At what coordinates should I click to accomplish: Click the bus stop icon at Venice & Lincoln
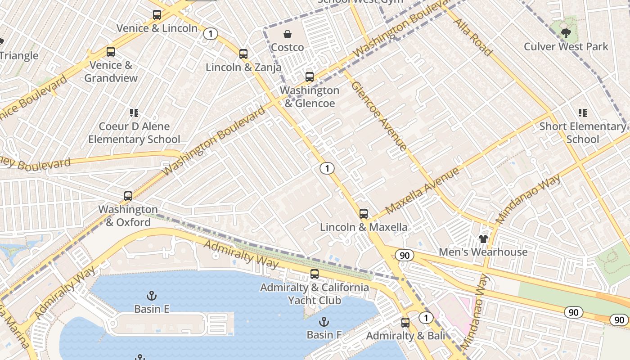pos(157,15)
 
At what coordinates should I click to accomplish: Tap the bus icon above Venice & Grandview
pos(111,52)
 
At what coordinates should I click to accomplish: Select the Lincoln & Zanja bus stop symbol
pos(243,54)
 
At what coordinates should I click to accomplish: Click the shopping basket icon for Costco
pos(287,34)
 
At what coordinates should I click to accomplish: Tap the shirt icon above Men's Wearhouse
pos(483,238)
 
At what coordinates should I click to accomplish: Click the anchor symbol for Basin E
pos(152,296)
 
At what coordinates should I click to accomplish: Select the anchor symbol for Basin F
pos(324,321)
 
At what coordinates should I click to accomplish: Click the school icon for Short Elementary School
pos(582,113)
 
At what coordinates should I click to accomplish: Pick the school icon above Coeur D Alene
pos(134,113)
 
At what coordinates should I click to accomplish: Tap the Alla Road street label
pos(472,37)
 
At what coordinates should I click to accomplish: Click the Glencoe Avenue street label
pos(379,115)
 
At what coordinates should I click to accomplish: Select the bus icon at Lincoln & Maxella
pos(364,214)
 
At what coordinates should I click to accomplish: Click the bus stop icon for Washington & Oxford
pos(128,196)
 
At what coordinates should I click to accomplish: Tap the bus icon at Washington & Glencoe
pos(310,77)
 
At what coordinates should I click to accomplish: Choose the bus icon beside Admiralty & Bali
pos(405,323)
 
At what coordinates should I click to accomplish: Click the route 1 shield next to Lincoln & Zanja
pos(210,34)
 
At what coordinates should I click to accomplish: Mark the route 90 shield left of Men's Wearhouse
pos(404,255)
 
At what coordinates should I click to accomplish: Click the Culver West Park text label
pos(566,46)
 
